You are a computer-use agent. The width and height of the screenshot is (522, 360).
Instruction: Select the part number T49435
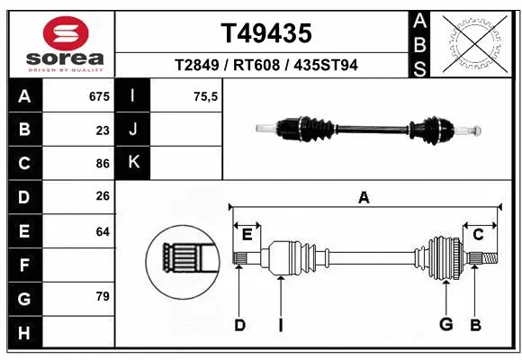click(x=266, y=34)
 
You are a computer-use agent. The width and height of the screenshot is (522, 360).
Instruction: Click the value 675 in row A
click(x=99, y=96)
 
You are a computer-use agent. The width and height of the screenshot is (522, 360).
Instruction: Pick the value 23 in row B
click(x=103, y=130)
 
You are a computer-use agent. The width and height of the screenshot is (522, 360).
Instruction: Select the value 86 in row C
click(x=103, y=164)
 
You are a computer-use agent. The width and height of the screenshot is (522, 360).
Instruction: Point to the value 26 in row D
click(x=103, y=197)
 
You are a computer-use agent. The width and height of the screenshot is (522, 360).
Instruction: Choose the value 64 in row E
click(x=103, y=231)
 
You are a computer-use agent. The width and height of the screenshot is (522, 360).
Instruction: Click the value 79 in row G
click(x=103, y=296)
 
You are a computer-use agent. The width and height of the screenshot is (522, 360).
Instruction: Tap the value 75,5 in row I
click(x=206, y=96)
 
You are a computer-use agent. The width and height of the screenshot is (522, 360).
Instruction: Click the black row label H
click(x=24, y=334)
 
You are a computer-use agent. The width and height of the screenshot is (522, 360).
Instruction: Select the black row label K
click(x=133, y=163)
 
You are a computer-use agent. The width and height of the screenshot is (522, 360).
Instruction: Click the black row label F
click(x=24, y=265)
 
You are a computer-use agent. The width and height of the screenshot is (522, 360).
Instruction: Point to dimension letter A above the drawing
click(x=364, y=198)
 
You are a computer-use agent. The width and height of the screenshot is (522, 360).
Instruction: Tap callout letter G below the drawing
click(x=445, y=325)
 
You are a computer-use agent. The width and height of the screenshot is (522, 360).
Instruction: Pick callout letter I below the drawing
click(x=281, y=325)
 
